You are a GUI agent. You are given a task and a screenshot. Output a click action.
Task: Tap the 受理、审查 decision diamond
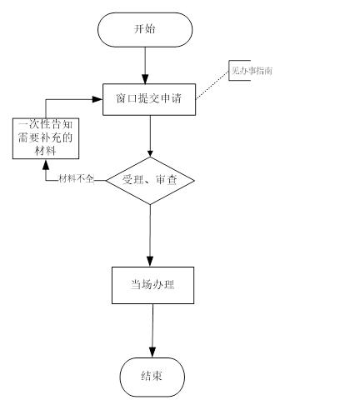(150, 180)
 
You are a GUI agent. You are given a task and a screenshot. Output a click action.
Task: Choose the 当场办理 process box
(152, 285)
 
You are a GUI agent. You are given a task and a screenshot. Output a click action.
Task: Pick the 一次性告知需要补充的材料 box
(46, 137)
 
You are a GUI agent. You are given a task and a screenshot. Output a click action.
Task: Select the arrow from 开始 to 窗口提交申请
(145, 65)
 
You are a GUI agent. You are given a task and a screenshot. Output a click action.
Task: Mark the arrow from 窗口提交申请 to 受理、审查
(150, 135)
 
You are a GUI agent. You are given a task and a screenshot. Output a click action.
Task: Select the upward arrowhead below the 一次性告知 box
(46, 164)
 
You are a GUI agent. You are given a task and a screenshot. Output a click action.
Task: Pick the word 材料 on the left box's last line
(46, 150)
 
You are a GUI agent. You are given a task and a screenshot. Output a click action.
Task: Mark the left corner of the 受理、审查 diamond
(106, 180)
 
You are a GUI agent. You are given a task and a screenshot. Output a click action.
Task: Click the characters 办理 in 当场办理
(166, 285)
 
